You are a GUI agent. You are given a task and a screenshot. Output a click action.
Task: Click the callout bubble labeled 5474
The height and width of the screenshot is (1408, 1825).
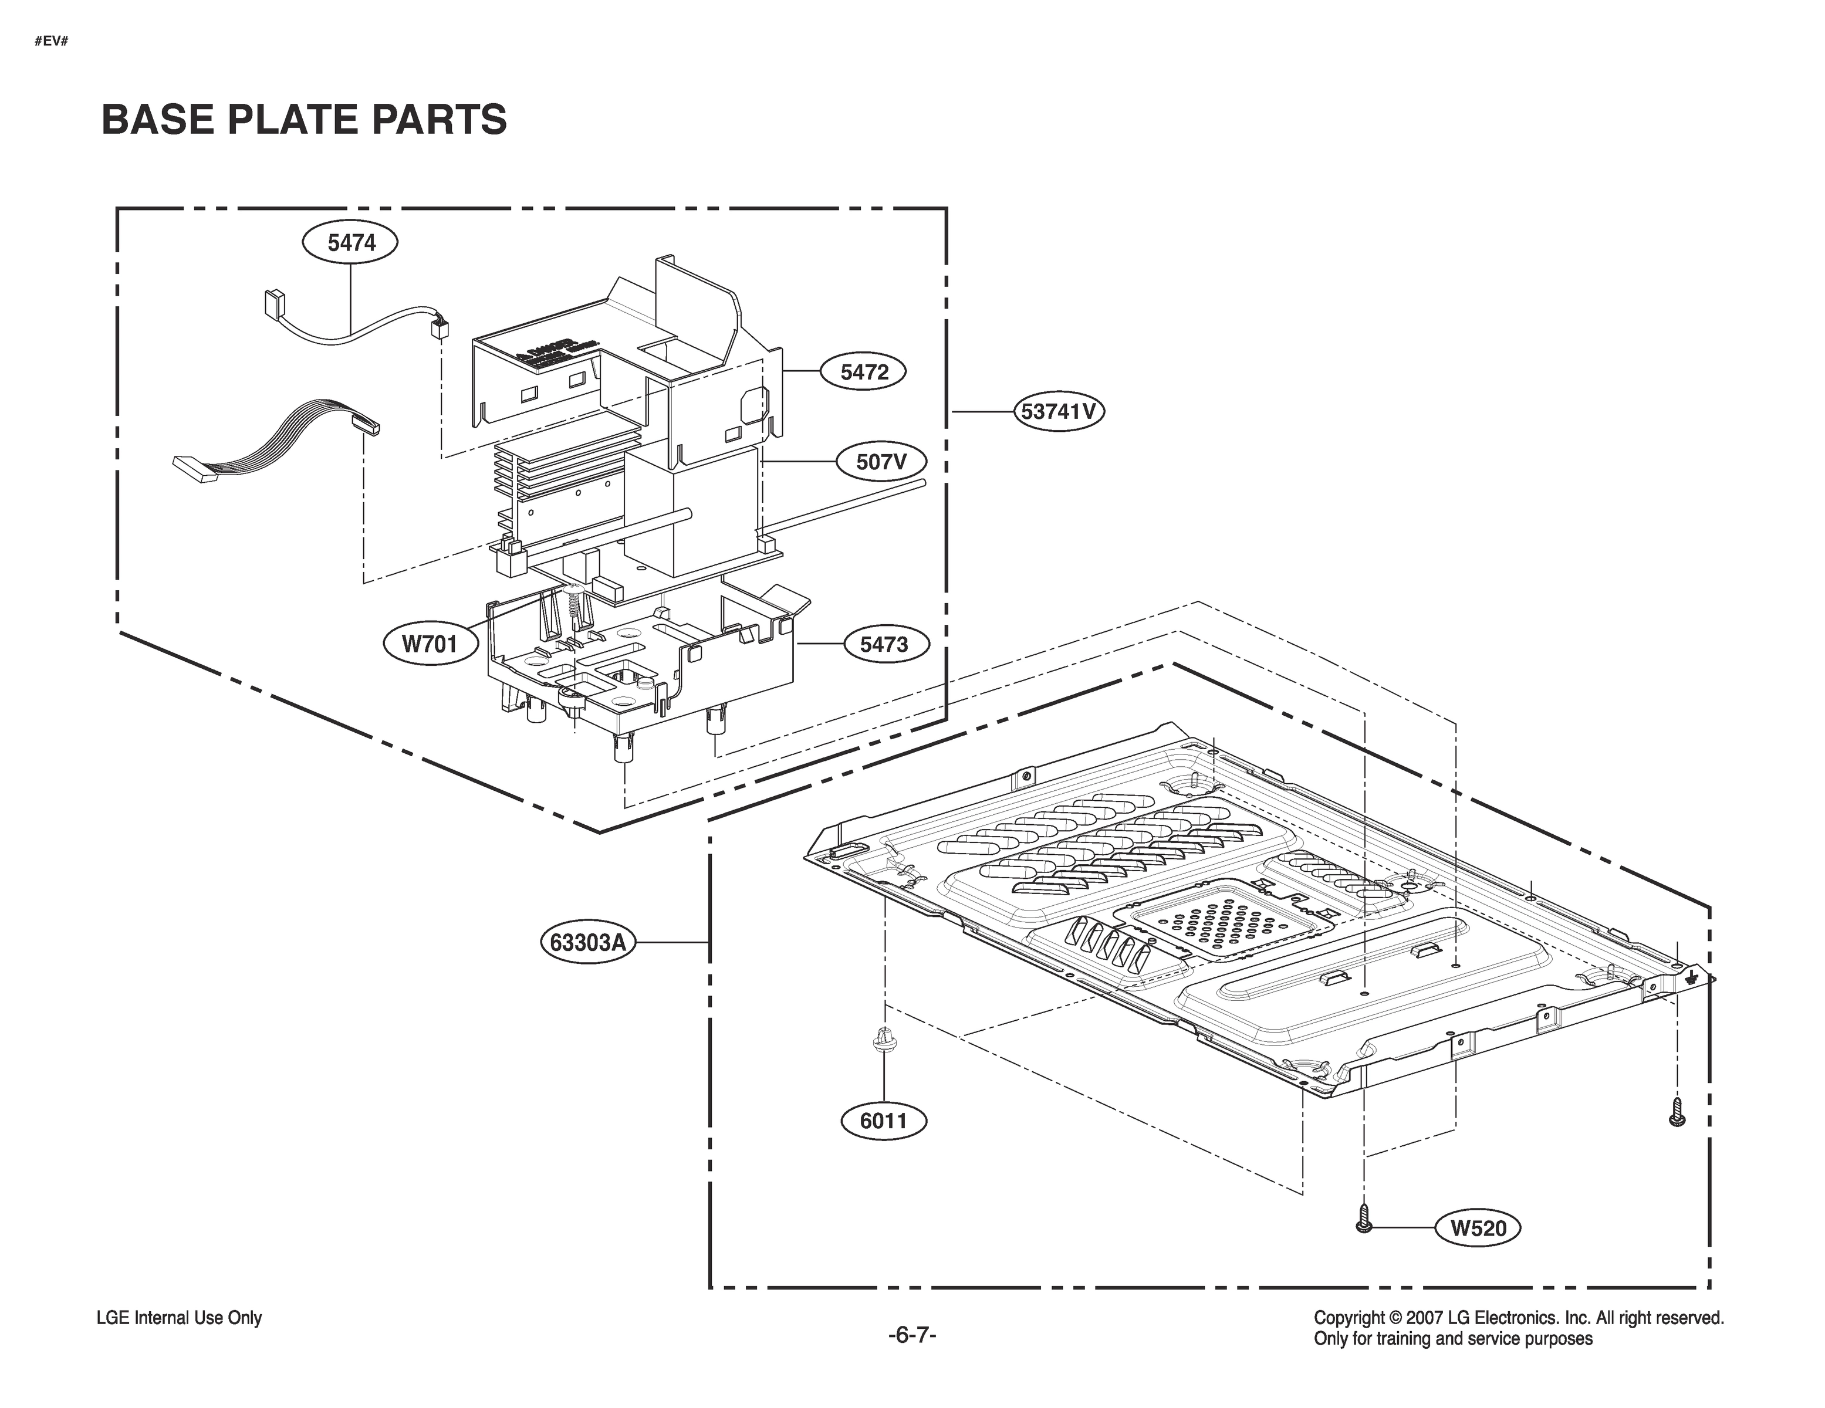coord(350,243)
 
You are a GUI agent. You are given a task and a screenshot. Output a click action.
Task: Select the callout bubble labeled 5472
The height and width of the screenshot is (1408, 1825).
coord(864,372)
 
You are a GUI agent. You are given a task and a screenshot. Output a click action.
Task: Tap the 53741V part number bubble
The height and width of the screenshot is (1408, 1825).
coord(1058,412)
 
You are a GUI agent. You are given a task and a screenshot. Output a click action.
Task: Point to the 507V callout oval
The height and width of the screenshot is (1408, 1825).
coord(881,461)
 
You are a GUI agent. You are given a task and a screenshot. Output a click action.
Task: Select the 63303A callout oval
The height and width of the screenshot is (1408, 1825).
coord(588,943)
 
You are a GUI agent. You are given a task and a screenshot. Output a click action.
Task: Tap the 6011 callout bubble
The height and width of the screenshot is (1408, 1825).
coord(883,1121)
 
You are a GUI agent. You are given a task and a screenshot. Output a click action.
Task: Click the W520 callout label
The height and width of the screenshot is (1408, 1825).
coord(1478,1228)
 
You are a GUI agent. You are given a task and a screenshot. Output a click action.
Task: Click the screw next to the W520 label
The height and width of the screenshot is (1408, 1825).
coord(1364,1219)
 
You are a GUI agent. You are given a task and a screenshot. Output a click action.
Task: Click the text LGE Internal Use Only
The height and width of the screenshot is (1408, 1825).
coord(180,1318)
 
